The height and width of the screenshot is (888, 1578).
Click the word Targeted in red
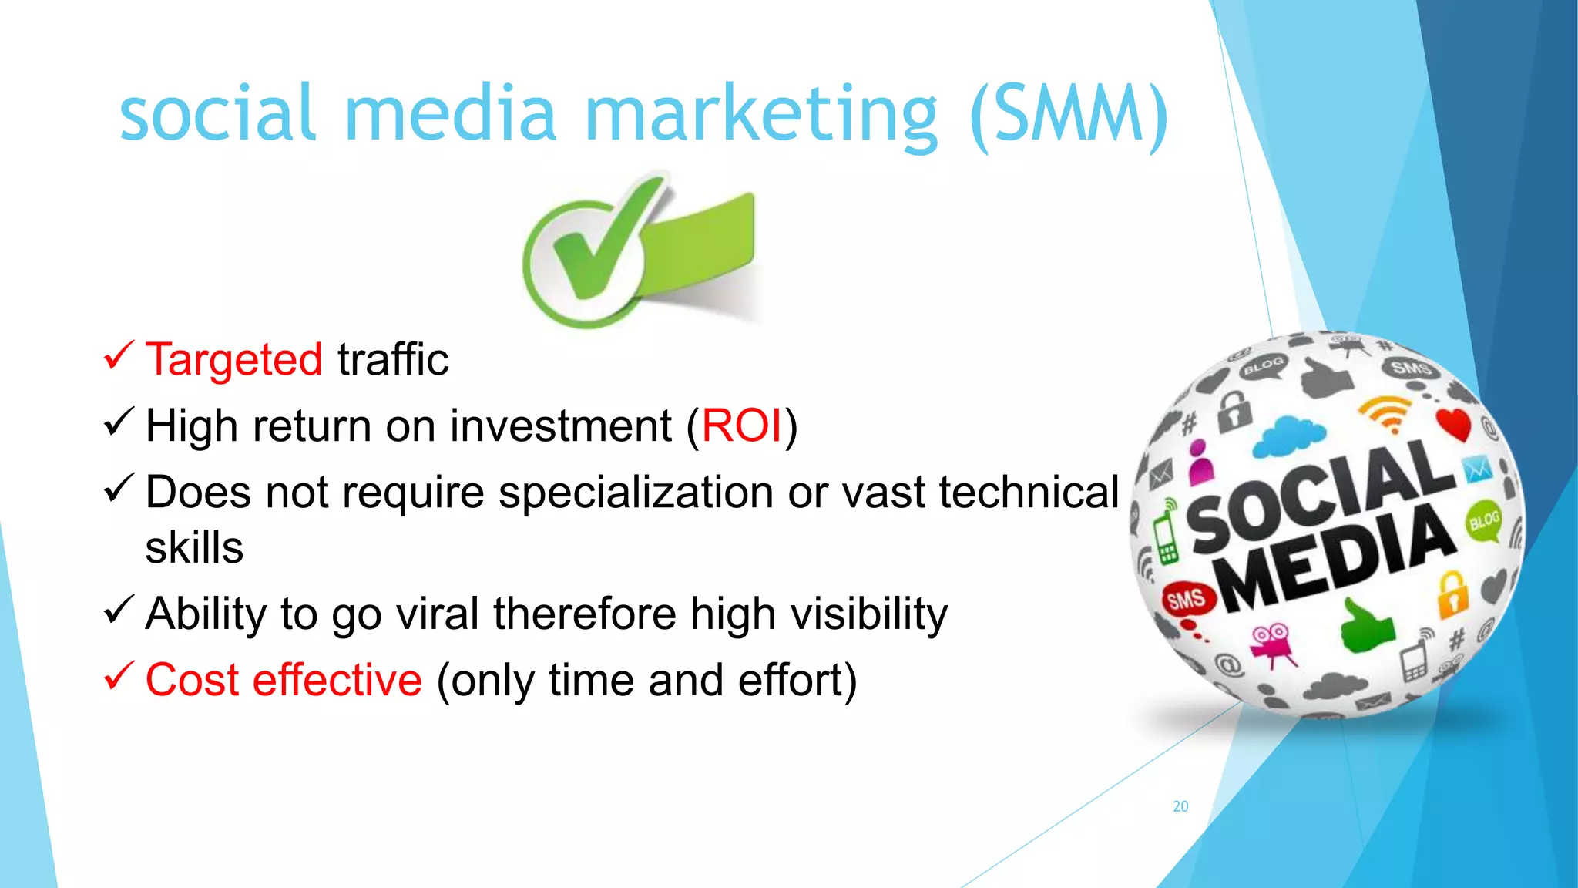point(233,360)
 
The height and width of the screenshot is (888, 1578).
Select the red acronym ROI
point(741,426)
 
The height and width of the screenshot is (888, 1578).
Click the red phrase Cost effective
point(284,681)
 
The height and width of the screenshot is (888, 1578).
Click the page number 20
point(1180,806)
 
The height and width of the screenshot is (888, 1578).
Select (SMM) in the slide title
point(1069,116)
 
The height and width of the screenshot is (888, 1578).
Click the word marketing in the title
point(761,116)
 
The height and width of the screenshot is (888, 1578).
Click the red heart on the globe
point(1454,424)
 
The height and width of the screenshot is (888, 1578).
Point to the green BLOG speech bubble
point(1483,521)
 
